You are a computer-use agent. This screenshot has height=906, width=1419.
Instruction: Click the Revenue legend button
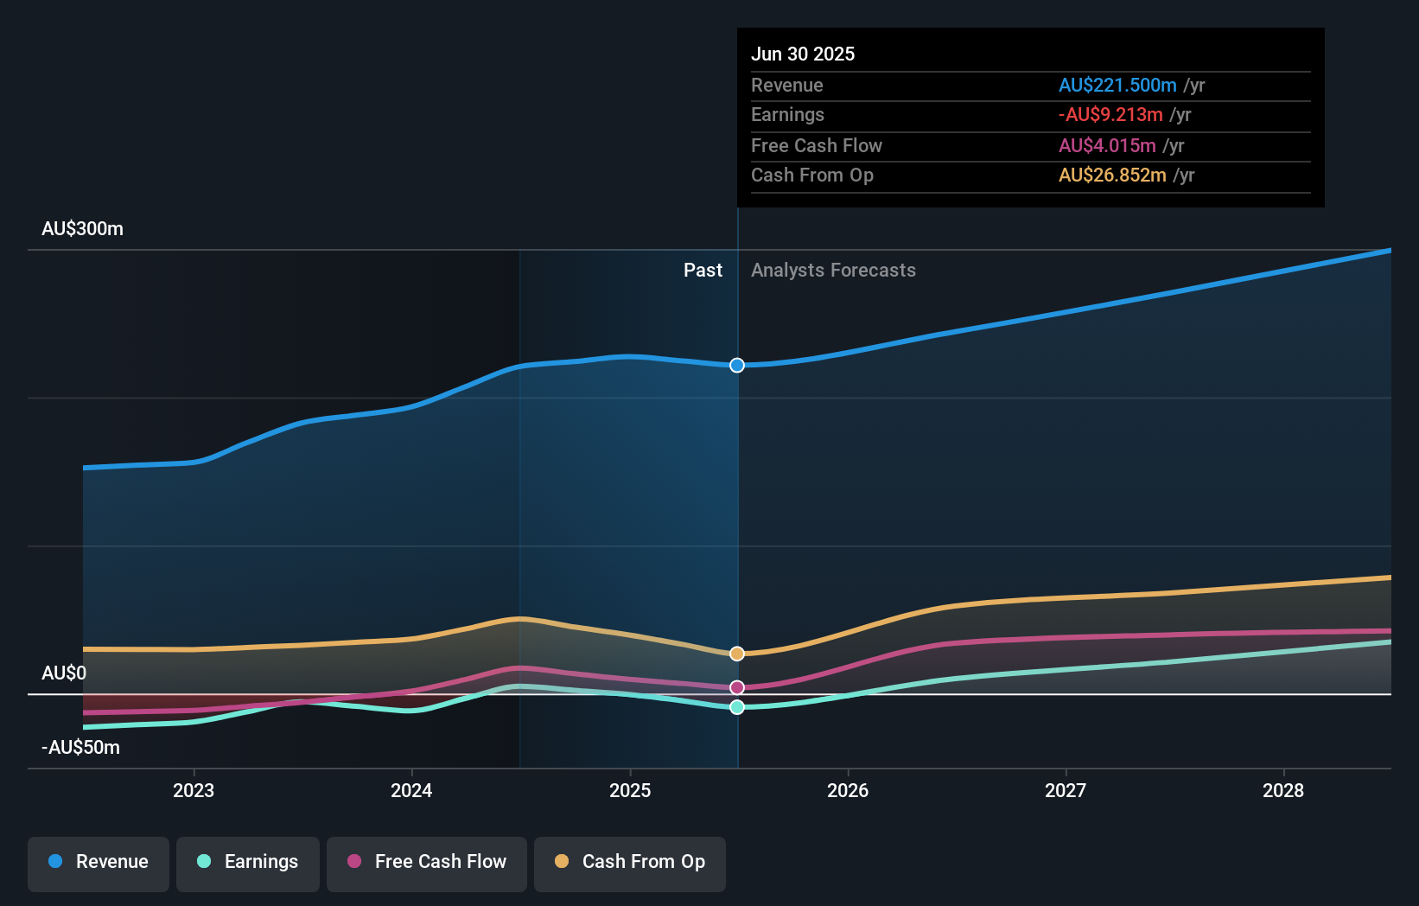pyautogui.click(x=99, y=863)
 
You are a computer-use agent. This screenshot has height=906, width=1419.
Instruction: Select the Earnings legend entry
pyautogui.click(x=248, y=863)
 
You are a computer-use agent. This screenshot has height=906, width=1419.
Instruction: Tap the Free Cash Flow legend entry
pyautogui.click(x=427, y=863)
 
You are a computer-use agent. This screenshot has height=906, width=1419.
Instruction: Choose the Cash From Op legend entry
pyautogui.click(x=630, y=863)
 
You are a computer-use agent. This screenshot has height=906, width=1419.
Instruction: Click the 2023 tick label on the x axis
pyautogui.click(x=194, y=790)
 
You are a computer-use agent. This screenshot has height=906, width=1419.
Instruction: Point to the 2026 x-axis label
pyautogui.click(x=848, y=790)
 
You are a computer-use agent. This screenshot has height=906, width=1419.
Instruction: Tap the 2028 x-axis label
pyautogui.click(x=1283, y=790)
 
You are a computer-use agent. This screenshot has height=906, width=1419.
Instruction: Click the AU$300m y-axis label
pyautogui.click(x=82, y=229)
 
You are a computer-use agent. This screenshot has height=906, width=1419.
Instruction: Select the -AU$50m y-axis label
pyautogui.click(x=80, y=748)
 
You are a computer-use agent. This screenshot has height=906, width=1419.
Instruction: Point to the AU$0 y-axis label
pyautogui.click(x=64, y=673)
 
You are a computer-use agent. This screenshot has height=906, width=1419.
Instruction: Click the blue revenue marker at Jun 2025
pyautogui.click(x=737, y=366)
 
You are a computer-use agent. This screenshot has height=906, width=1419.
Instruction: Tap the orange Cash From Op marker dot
pyautogui.click(x=737, y=654)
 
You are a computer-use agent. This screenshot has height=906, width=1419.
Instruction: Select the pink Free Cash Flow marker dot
pyautogui.click(x=737, y=687)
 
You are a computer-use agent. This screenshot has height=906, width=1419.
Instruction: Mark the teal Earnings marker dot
pyautogui.click(x=737, y=707)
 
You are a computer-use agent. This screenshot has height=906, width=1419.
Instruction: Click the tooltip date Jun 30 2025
pyautogui.click(x=802, y=54)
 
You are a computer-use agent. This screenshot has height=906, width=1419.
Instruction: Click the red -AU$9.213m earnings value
pyautogui.click(x=1110, y=115)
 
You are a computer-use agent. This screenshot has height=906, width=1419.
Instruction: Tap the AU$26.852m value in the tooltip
pyautogui.click(x=1112, y=175)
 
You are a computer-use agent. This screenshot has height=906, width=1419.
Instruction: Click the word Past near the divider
pyautogui.click(x=703, y=271)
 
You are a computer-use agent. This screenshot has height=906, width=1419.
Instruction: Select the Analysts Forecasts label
pyautogui.click(x=833, y=271)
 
